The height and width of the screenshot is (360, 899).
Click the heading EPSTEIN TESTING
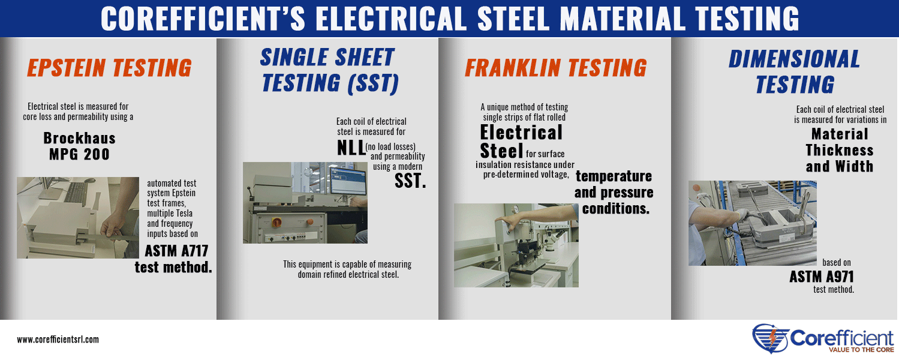[x=109, y=67]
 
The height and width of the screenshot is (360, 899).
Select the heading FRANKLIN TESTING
[x=556, y=67]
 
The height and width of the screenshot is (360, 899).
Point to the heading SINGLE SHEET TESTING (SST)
[x=329, y=71]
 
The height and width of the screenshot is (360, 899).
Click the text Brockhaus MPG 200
[x=80, y=146]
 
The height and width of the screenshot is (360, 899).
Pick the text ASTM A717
[x=176, y=251]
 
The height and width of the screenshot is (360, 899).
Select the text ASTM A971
[x=822, y=277]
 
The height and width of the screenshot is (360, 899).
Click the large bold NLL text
[x=351, y=148]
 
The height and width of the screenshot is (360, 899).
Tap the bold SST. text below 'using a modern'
[x=410, y=181]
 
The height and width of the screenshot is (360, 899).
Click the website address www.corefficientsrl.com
[x=58, y=340]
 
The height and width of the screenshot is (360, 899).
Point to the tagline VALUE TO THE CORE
[x=861, y=350]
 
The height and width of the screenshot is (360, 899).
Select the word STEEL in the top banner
[x=513, y=19]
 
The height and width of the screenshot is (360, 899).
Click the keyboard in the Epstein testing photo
[x=76, y=192]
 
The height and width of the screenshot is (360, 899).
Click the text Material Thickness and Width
[x=840, y=150]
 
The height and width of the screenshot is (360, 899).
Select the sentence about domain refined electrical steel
[x=348, y=269]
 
